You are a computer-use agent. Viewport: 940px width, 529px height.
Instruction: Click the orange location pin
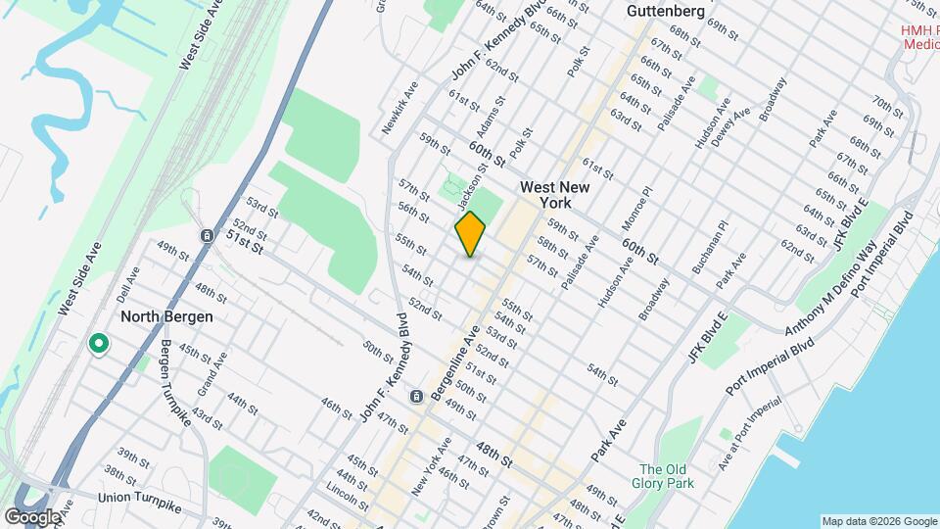point(471,233)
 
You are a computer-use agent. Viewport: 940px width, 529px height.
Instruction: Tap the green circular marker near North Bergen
point(98,344)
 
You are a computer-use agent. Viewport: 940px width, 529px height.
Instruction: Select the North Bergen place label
point(166,317)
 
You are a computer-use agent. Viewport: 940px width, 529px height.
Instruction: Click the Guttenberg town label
point(665,11)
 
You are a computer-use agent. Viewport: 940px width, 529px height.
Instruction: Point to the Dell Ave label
point(121,286)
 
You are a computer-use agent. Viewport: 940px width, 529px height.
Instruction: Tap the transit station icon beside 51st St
point(207,235)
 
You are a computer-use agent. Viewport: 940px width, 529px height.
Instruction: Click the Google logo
point(32,516)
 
